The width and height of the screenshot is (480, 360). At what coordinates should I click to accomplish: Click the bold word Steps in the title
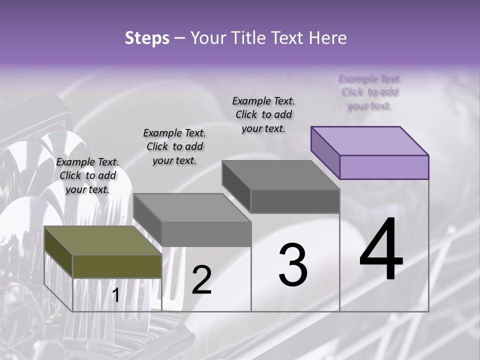pyautogui.click(x=147, y=38)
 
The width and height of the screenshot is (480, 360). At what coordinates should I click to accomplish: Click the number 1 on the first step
pyautogui.click(x=115, y=295)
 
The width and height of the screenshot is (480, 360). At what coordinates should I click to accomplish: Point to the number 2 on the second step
pyautogui.click(x=201, y=280)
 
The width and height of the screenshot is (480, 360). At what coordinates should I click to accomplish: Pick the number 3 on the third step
pyautogui.click(x=292, y=265)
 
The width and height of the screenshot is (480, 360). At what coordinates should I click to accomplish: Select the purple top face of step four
pyautogui.click(x=370, y=140)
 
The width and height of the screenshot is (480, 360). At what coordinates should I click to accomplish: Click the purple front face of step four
pyautogui.click(x=384, y=167)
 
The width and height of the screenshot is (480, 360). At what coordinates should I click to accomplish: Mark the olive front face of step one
pyautogui.click(x=117, y=266)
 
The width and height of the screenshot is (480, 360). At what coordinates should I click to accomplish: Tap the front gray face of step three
pyautogui.click(x=295, y=201)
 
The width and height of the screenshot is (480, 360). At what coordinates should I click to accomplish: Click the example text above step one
pyautogui.click(x=87, y=175)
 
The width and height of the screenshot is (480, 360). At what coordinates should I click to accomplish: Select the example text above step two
pyautogui.click(x=174, y=146)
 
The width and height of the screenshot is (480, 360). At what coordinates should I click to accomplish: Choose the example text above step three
pyautogui.click(x=263, y=114)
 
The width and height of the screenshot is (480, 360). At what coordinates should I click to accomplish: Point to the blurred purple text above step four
pyautogui.click(x=370, y=92)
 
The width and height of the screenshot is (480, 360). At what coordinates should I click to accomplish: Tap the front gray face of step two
pyautogui.click(x=206, y=234)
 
